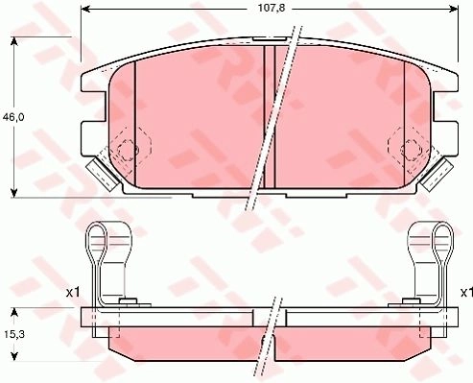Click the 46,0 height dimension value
tap(13, 117)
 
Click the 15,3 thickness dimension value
tap(14, 334)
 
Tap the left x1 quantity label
tap(73, 292)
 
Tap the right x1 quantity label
tap(466, 292)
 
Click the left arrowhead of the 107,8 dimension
tap(85, 9)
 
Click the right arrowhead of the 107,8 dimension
tap(454, 9)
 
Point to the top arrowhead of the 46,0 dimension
tap(13, 42)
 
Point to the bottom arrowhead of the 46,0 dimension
tap(13, 193)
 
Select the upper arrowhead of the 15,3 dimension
tap(13, 313)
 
